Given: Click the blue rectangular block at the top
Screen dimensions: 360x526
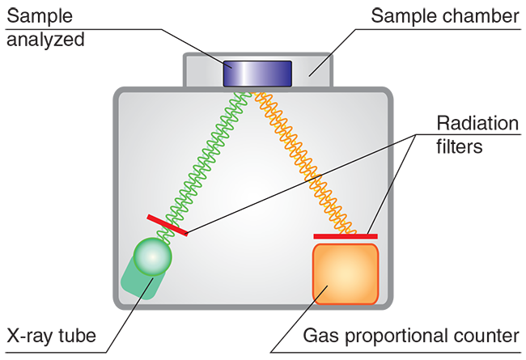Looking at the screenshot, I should click(257, 73).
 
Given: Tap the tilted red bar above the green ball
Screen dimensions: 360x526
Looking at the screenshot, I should click(167, 226).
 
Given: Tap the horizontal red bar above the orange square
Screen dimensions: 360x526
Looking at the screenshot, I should click(345, 236).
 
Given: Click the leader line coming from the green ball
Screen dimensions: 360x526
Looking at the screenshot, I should click(142, 294).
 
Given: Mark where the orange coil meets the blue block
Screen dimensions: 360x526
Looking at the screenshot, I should click(258, 91).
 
